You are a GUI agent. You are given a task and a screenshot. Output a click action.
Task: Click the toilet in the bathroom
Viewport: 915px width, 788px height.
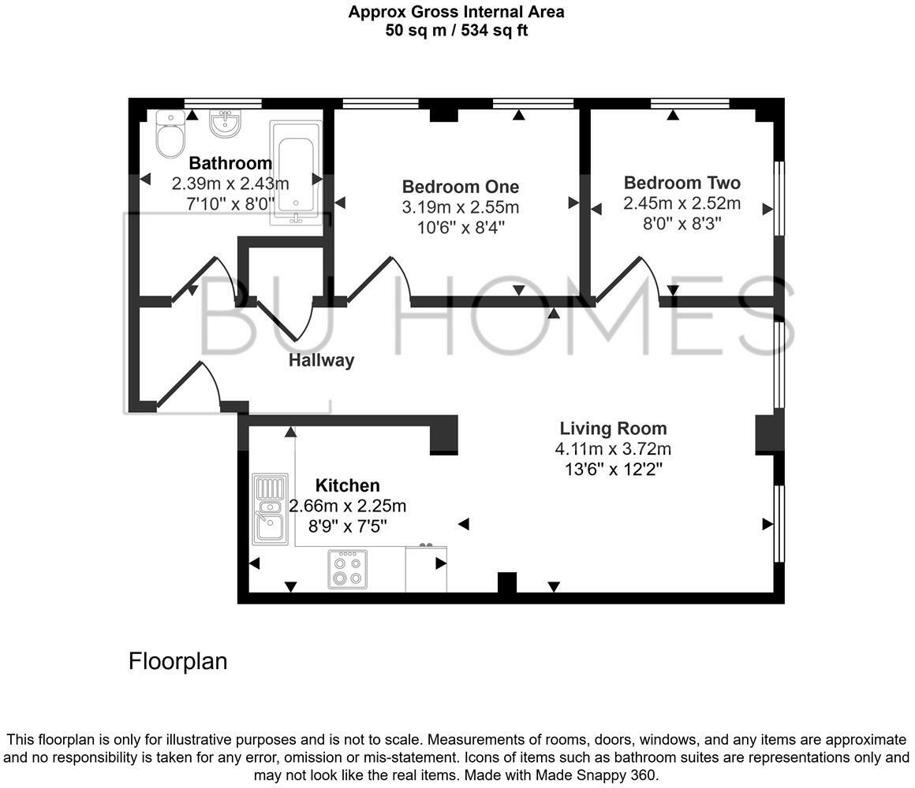169,135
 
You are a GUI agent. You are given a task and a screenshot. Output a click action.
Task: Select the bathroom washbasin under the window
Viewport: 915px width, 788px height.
225,124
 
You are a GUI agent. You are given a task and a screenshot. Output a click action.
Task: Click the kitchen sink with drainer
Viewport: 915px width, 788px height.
270,509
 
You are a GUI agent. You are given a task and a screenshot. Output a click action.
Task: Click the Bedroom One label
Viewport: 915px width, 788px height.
460,187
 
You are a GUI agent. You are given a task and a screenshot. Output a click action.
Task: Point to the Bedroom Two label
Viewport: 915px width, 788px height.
682,183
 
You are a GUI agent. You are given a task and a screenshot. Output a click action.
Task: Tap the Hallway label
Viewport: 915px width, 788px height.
321,360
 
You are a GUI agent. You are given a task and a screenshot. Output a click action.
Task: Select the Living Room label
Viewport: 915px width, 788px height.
613,429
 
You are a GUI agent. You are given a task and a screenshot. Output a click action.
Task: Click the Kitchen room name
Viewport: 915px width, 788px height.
347,485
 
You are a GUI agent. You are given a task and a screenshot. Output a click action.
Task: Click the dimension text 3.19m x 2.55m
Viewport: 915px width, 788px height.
460,208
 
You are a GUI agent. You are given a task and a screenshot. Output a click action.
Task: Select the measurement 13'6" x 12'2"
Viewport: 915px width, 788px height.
613,470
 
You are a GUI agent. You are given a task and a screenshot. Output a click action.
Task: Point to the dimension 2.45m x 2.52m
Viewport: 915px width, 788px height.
682,203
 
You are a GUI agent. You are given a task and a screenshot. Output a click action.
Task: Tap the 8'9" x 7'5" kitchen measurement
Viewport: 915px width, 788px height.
347,526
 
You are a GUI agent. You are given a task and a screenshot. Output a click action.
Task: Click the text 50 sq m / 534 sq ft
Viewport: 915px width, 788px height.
456,31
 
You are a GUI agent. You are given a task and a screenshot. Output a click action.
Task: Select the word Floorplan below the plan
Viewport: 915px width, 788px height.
177,660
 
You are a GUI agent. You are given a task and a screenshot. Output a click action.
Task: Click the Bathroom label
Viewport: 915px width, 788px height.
230,163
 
